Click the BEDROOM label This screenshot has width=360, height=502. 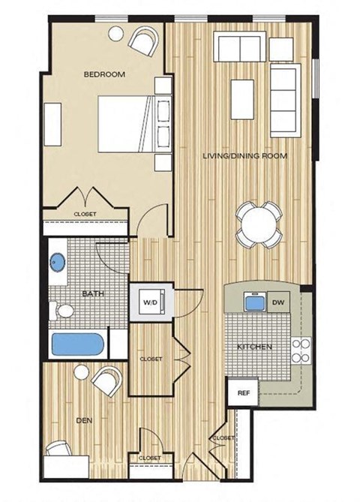103,74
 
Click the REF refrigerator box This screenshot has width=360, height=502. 242,392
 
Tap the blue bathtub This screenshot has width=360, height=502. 77,346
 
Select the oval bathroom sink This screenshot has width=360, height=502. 57,263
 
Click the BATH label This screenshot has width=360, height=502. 72,293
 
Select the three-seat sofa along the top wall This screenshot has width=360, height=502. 239,47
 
